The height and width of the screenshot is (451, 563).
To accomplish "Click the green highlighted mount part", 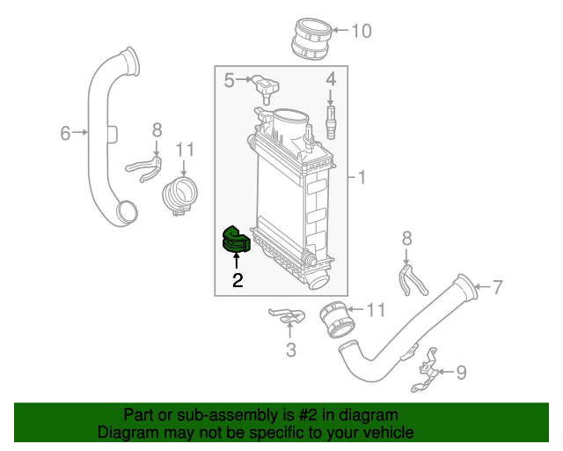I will click(235, 240).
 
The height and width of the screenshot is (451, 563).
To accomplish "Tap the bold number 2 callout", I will click(238, 281).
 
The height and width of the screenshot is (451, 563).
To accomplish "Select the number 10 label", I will click(362, 32).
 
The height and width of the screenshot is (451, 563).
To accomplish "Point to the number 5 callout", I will click(230, 81).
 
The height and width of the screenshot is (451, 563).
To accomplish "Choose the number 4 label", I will click(332, 80).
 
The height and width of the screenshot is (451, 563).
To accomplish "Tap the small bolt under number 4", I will click(332, 122).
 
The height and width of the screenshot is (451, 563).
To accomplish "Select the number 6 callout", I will click(65, 133).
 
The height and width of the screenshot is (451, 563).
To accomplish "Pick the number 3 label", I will click(291, 351).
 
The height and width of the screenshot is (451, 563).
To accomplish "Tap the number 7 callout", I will click(497, 286).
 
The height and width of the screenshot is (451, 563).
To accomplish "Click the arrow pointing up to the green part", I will click(237, 262).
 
